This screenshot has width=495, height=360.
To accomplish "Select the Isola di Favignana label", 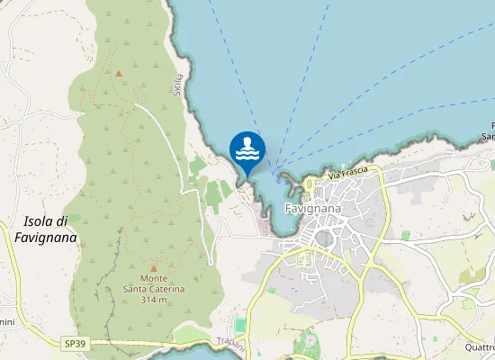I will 45,229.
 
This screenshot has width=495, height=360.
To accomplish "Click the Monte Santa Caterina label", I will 154,283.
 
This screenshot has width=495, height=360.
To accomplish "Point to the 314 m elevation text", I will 154,300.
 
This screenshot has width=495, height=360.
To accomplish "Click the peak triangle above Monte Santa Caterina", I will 153,267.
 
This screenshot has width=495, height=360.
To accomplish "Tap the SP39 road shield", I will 76,343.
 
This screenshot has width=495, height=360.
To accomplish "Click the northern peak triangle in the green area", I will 118,72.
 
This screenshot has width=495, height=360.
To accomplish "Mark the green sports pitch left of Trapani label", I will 239,324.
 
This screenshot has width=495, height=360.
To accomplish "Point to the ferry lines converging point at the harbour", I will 277,178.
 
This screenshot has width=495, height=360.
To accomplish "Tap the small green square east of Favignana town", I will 406,235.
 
